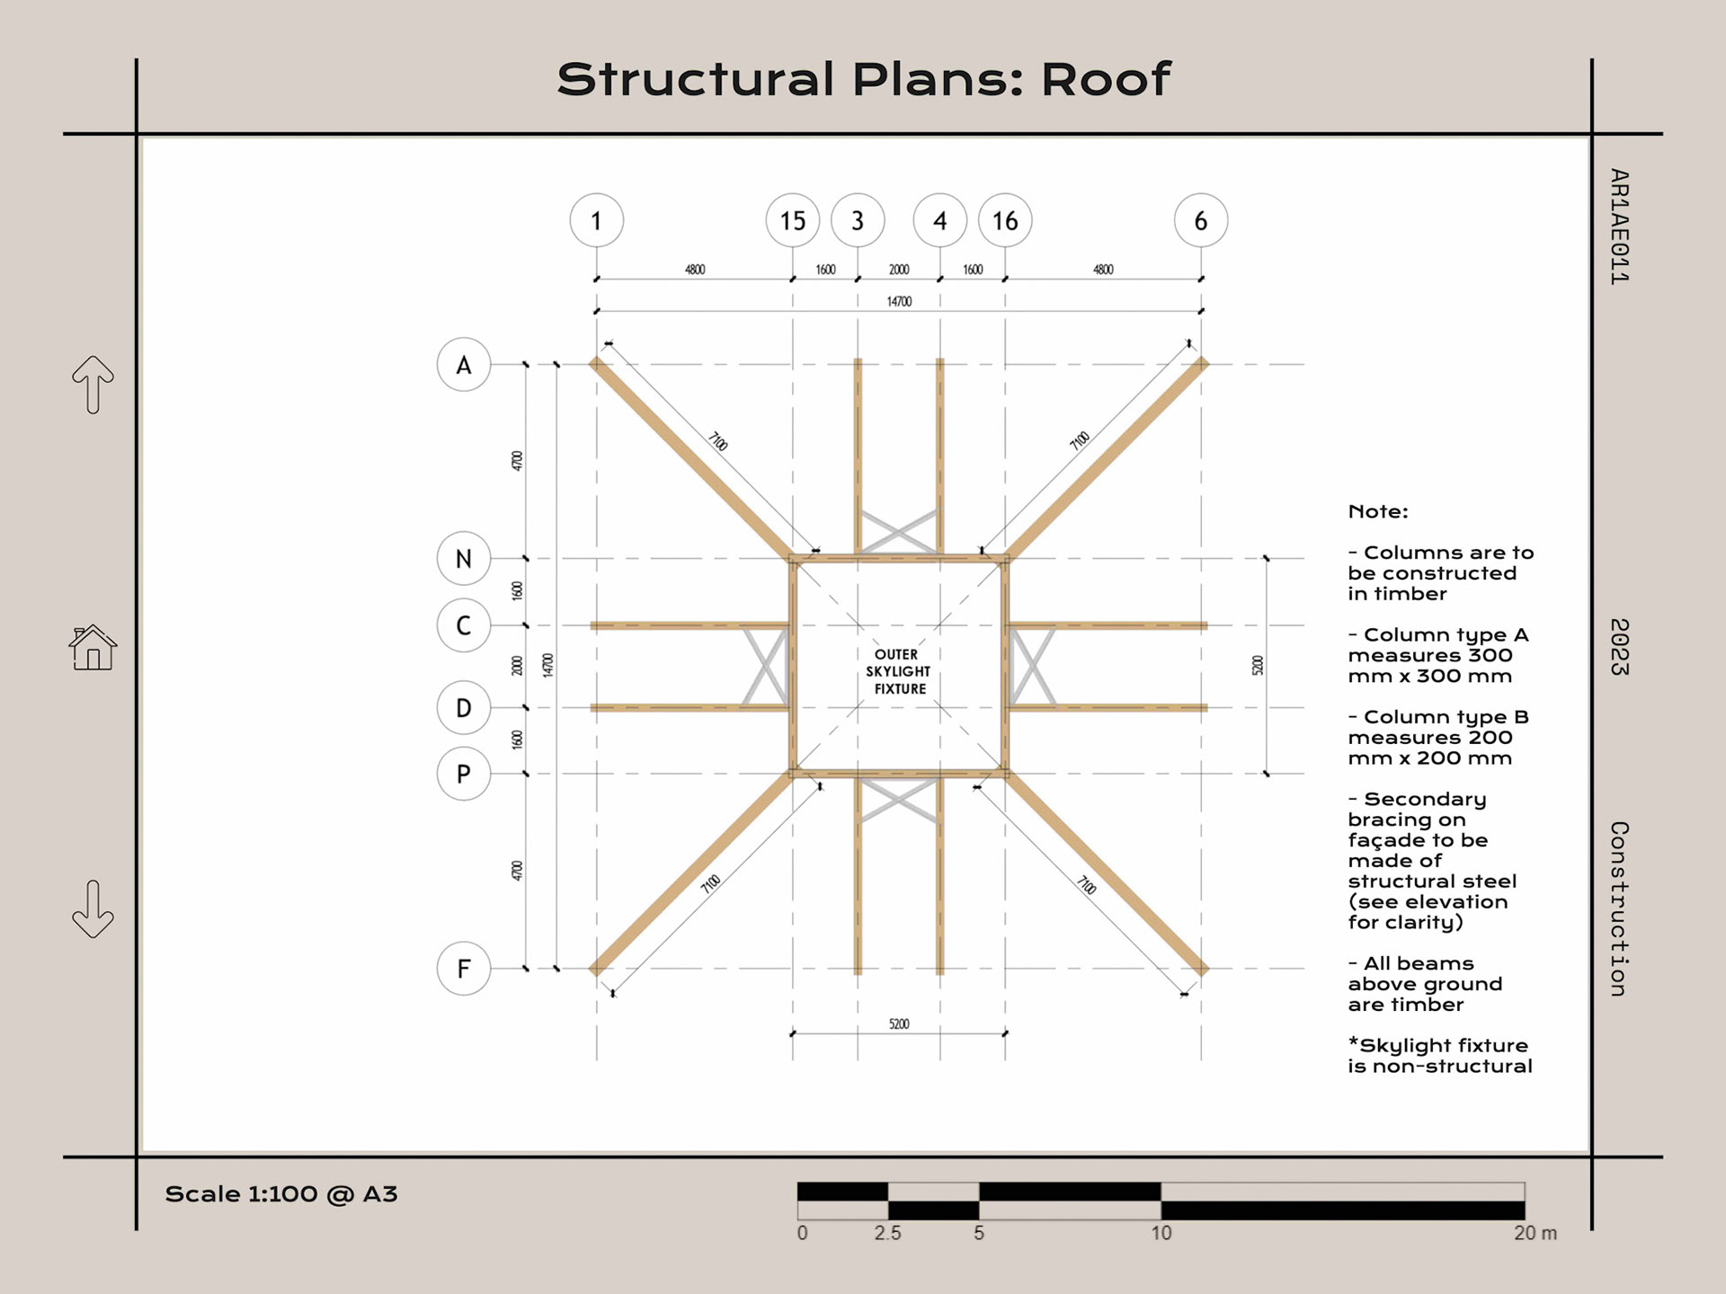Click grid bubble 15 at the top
click(792, 220)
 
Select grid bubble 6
click(1201, 220)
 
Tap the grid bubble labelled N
click(463, 558)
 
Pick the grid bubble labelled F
click(463, 969)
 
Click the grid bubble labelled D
click(463, 707)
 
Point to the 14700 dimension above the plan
click(899, 302)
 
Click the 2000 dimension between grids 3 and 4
click(899, 270)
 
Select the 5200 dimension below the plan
click(899, 1024)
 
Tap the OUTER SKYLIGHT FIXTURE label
click(897, 671)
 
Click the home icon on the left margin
click(93, 648)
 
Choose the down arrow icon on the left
click(93, 909)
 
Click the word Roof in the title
click(1106, 79)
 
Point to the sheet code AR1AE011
click(1619, 226)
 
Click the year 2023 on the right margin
click(1619, 647)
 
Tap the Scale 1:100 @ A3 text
click(280, 1194)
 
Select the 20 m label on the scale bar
click(1535, 1234)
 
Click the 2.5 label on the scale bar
click(887, 1234)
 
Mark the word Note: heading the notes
click(1378, 511)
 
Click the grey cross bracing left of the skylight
click(766, 666)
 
